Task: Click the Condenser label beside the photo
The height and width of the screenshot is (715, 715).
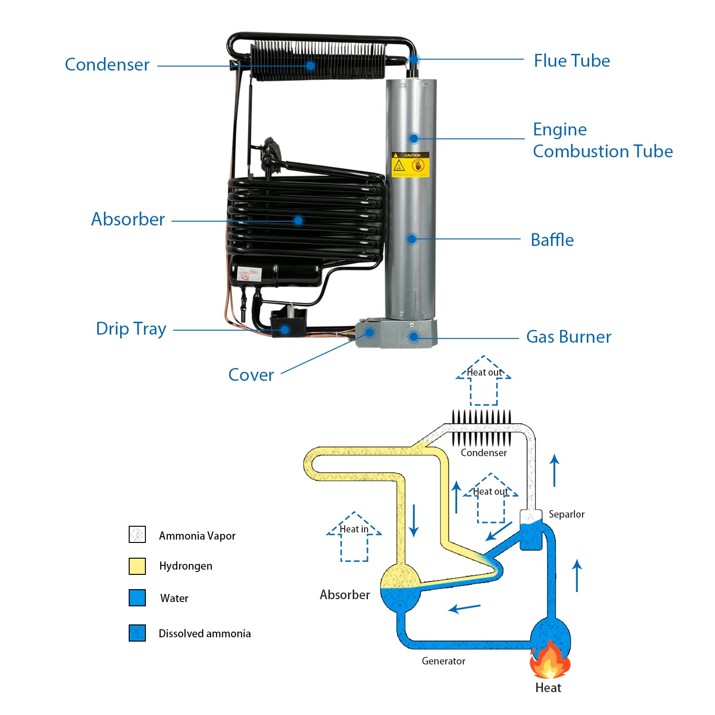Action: point(107,64)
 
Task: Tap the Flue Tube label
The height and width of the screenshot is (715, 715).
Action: point(572,61)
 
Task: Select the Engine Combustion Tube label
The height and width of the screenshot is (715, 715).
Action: point(603,140)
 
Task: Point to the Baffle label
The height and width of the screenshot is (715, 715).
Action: point(552,240)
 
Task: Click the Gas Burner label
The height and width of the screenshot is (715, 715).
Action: point(568,337)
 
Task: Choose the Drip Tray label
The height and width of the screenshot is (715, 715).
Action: point(131,329)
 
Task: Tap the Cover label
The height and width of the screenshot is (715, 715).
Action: point(251,375)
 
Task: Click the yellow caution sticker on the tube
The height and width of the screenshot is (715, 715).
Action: point(410,164)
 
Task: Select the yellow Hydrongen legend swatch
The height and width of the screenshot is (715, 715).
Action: point(137,566)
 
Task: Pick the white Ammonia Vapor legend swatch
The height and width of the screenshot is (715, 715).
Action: point(137,535)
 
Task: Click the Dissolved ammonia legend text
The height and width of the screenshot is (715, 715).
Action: point(204,633)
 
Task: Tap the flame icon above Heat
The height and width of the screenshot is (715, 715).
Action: point(550,660)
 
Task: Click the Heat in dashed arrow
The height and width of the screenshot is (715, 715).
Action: point(354,536)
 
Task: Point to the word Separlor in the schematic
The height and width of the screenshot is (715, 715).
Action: point(566,514)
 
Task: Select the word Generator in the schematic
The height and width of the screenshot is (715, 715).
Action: point(443,661)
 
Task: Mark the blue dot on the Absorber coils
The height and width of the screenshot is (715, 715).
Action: point(298,221)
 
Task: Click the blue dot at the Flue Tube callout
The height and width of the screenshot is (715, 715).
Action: point(414,60)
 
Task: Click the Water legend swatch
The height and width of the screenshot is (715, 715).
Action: point(137,598)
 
